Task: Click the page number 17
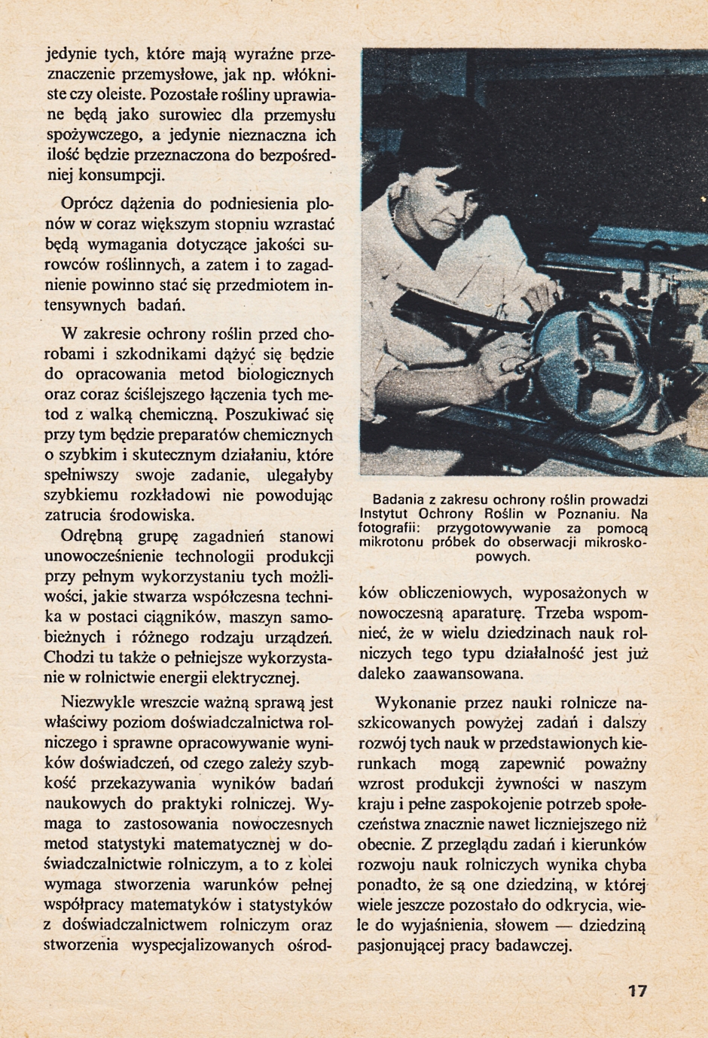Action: click(636, 991)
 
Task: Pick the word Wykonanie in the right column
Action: click(414, 703)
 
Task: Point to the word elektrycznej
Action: click(258, 677)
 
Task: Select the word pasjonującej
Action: click(403, 946)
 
